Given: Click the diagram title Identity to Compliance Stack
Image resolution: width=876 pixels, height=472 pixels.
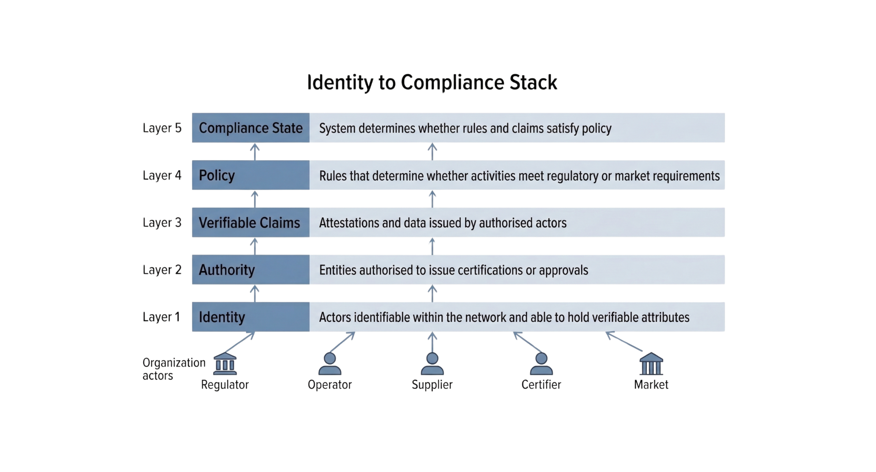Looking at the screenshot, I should pos(432,82).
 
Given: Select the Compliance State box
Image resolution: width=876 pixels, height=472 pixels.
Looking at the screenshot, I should pos(251,128).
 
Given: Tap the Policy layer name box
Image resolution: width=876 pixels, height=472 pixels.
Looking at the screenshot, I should pos(251,175).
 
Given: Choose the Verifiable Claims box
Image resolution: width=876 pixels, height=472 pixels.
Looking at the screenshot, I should pos(251,222).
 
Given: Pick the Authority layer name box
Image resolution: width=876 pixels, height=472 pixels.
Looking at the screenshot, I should pos(251,270).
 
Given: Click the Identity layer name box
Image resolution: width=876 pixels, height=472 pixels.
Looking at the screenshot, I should pos(251,317).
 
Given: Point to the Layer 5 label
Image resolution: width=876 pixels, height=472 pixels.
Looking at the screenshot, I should pos(162,128).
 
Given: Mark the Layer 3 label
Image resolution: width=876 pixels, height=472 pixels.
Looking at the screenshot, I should pos(162,222).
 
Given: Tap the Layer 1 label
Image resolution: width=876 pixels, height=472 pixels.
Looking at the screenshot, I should pos(162,317).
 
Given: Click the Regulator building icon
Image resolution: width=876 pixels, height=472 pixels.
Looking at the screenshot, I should pos(225,364).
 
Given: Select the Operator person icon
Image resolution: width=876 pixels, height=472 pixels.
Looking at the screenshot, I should pos(330,364).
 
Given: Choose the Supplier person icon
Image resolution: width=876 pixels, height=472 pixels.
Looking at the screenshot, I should pos(432,364).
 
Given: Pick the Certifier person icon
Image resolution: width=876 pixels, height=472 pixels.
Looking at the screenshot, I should pos(541,364).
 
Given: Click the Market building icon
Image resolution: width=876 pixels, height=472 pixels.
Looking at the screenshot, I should pos(651,364).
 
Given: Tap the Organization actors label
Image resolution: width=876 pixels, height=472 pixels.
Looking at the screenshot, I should pos(173,369).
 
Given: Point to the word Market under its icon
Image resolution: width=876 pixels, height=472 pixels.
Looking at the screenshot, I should pos(651,385).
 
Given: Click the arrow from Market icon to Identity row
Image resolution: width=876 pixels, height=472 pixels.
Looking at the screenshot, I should pos(624,342).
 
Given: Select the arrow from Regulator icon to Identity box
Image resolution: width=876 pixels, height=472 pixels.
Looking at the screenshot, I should pos(240,342).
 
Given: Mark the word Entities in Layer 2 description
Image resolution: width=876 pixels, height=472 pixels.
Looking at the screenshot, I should pos(337,270).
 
